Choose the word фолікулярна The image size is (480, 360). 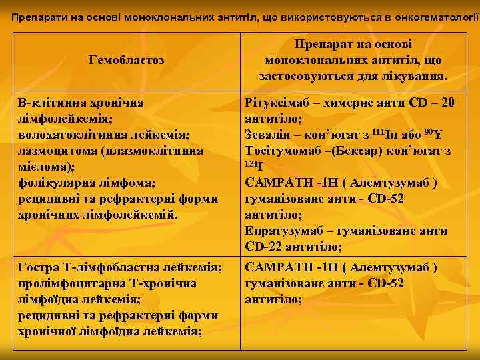53,182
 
